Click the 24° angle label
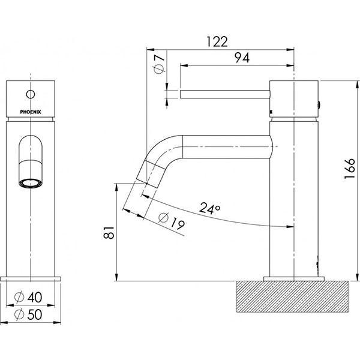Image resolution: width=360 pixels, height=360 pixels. [209, 209]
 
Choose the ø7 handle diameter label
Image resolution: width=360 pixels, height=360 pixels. [158, 65]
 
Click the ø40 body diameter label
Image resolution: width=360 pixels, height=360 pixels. [30, 296]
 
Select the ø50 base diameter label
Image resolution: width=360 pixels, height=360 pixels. [30, 313]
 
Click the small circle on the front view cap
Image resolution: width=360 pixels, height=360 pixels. [31, 94]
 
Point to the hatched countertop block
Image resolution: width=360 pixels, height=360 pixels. [295, 299]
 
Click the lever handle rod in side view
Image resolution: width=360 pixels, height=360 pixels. [225, 93]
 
